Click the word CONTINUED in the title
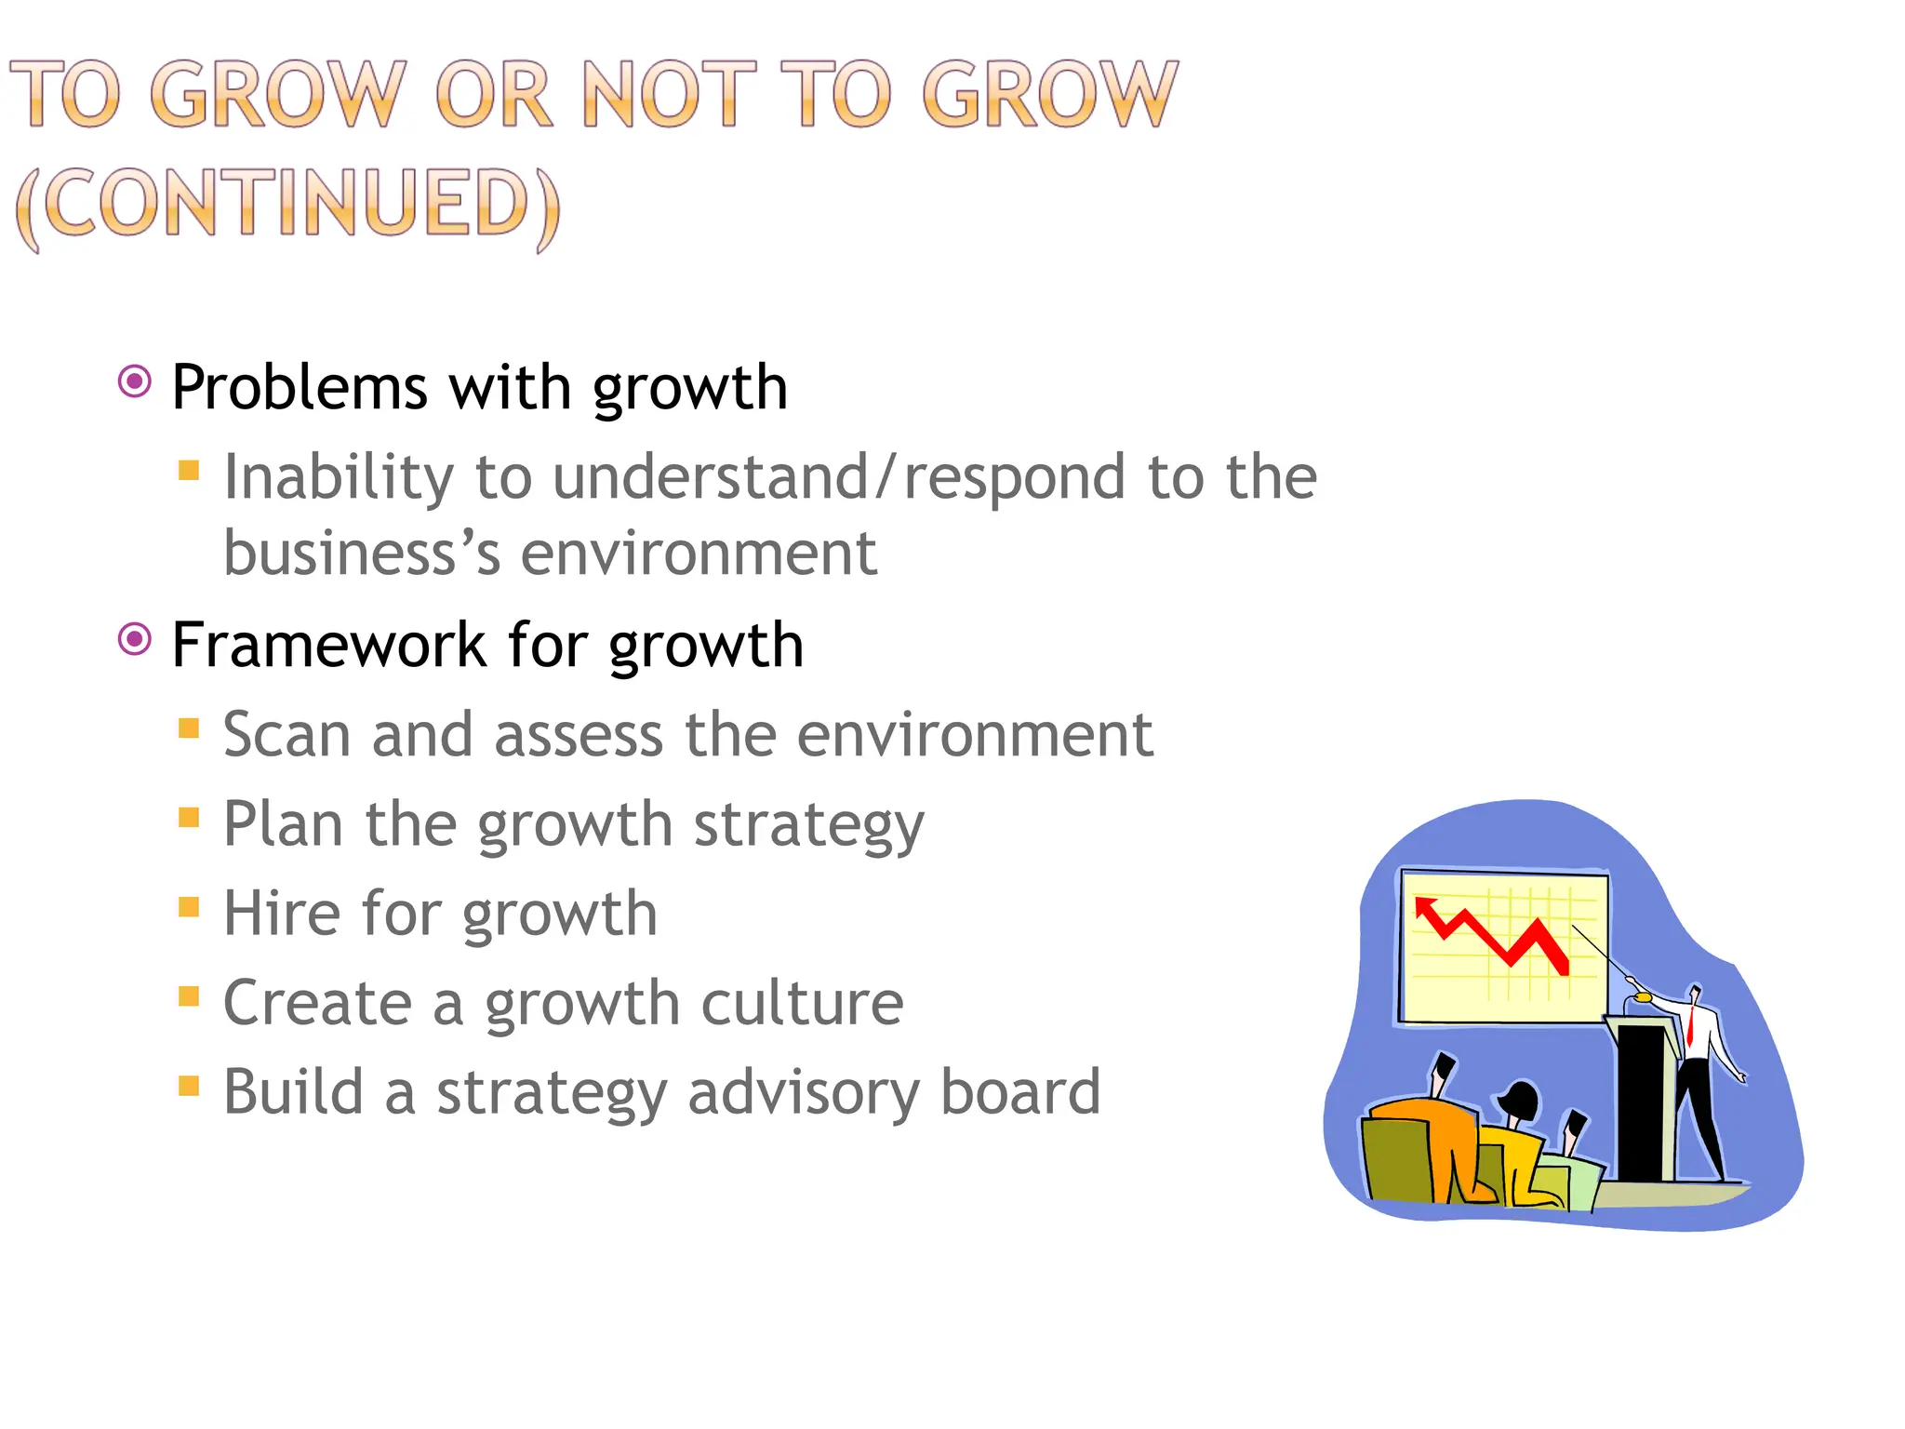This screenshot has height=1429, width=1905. point(288,204)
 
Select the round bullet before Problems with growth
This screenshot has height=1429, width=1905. point(135,381)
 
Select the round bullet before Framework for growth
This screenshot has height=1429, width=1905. point(135,639)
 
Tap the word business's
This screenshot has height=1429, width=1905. point(362,553)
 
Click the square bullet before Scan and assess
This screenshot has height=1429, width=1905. point(189,728)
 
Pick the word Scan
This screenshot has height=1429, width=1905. point(287,735)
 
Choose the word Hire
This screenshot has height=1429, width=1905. point(281,914)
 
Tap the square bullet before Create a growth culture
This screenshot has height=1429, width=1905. point(189,996)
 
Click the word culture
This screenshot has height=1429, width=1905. point(801,1003)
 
